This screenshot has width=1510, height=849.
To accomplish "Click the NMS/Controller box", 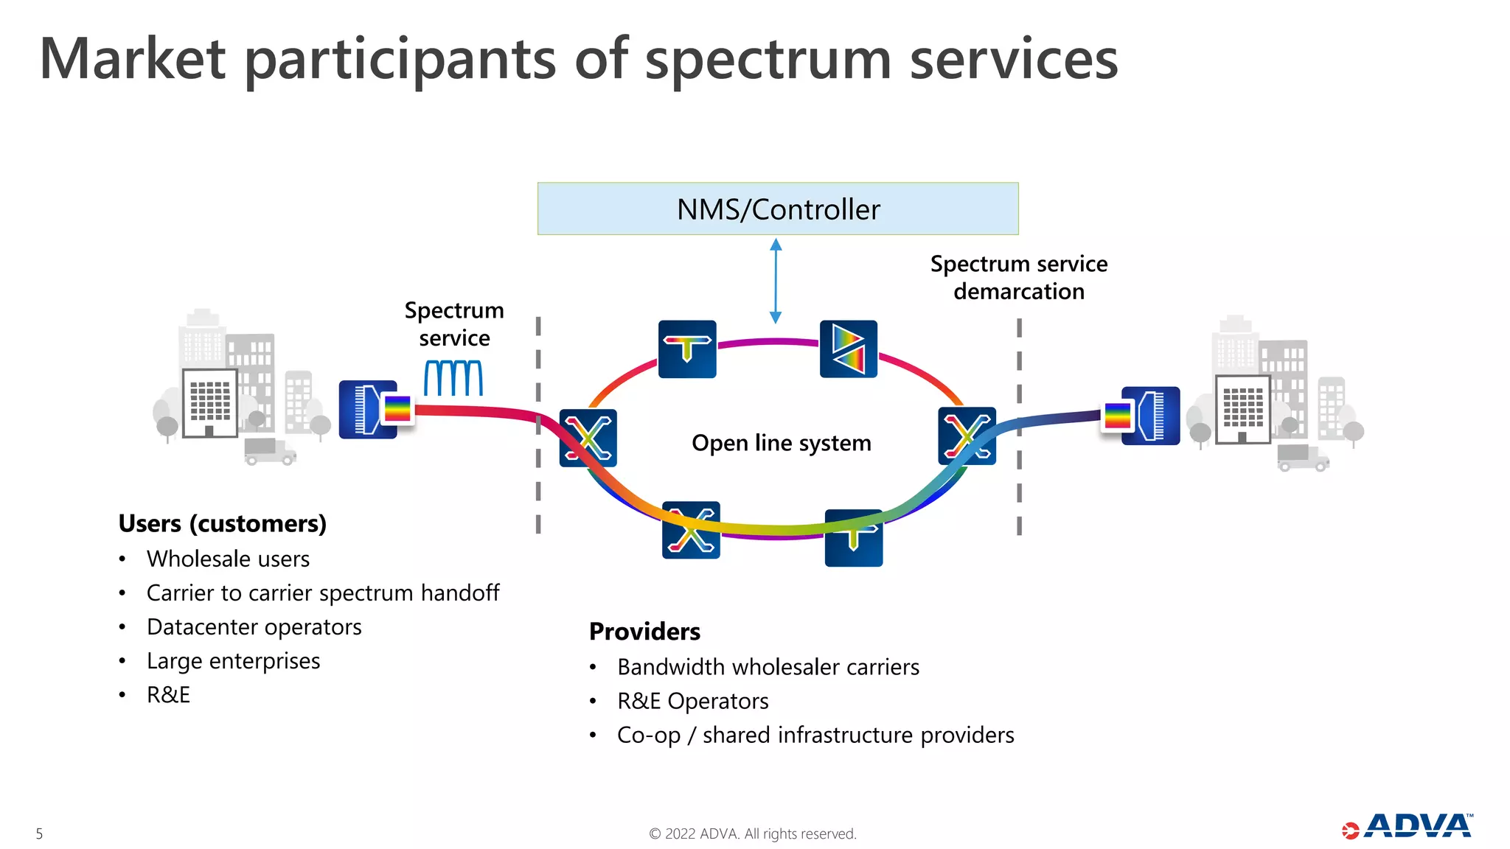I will (x=778, y=209).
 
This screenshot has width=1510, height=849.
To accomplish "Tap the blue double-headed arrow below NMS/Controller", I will (x=776, y=281).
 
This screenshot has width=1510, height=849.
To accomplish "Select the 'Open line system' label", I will (x=781, y=443).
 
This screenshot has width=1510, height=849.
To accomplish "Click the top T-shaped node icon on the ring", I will (x=687, y=349).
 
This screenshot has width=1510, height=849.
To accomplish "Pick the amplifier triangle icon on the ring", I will (x=849, y=349).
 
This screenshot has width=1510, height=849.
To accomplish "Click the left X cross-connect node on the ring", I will (x=588, y=438).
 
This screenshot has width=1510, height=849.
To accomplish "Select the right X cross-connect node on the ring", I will (x=967, y=436).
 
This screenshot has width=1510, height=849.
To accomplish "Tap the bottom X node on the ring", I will (x=691, y=531).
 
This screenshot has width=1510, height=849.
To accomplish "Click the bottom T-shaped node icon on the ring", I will (x=853, y=538).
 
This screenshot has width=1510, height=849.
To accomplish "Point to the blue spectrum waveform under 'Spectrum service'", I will (x=453, y=378).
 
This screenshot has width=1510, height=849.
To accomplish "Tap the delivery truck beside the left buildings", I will (x=269, y=451).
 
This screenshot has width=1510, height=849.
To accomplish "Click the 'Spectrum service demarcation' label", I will (x=1018, y=278).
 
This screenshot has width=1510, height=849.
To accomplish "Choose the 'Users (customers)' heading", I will (x=222, y=523).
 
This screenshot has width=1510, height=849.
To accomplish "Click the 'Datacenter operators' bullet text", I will (x=254, y=627).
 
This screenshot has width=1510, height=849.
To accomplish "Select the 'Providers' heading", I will (x=644, y=632).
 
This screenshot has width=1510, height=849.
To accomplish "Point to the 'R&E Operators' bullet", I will (x=692, y=701).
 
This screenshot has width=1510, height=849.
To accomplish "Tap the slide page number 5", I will (x=39, y=834).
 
